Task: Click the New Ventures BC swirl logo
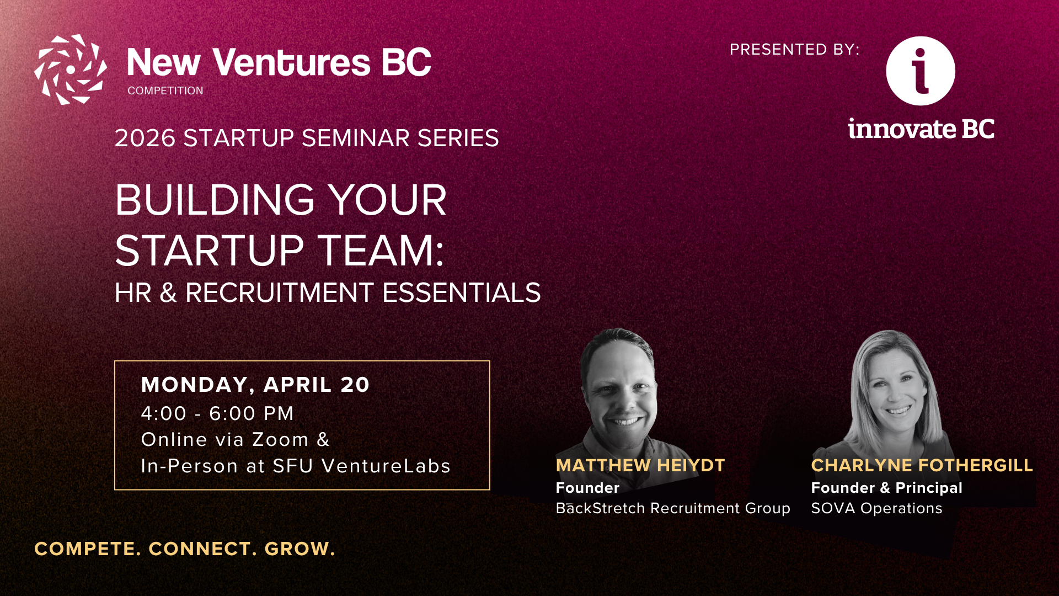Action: tap(71, 70)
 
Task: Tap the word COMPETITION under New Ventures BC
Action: tap(165, 91)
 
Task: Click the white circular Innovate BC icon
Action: tap(921, 71)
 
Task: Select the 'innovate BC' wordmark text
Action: tap(921, 129)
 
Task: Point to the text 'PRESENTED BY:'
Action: tap(795, 50)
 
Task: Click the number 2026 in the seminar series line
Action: tap(145, 138)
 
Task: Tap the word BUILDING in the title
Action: tap(215, 200)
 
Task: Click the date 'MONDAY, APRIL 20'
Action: tap(255, 385)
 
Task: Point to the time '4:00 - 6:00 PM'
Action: tap(217, 413)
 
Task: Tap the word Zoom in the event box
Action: tap(280, 440)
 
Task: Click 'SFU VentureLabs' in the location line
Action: tap(362, 466)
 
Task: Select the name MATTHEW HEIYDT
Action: tap(640, 465)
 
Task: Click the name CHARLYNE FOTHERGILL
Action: tap(922, 465)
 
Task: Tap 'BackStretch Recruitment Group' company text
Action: tap(673, 508)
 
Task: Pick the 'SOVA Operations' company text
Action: tap(876, 508)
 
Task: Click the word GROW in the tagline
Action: tap(299, 549)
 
